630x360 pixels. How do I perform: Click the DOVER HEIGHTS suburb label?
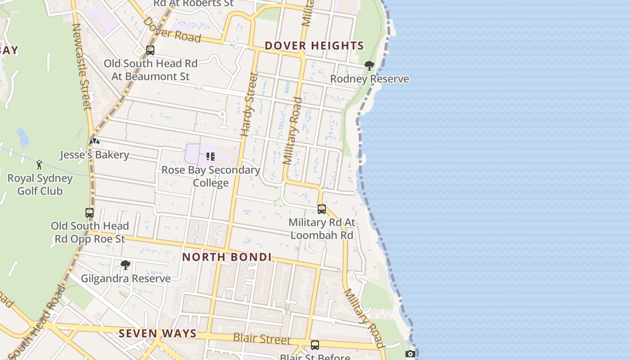(314, 45)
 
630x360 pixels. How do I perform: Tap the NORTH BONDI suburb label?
(227, 257)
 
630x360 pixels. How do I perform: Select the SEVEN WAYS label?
(158, 333)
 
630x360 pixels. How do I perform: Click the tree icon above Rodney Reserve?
(369, 66)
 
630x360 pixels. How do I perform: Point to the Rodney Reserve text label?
(369, 79)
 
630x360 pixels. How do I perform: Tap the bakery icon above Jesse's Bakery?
(94, 141)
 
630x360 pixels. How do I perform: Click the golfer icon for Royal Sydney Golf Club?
(39, 165)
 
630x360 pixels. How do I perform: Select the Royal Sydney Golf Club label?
(40, 184)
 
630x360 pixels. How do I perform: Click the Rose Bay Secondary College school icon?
(210, 157)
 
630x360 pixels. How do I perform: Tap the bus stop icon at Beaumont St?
(150, 50)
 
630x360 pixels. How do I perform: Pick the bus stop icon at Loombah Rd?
(321, 209)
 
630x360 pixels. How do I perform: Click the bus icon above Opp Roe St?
(90, 213)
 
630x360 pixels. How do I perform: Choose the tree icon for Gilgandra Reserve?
(126, 265)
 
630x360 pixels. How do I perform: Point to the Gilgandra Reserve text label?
(126, 279)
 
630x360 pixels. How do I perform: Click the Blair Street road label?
(262, 338)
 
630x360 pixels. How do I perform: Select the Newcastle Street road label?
(81, 67)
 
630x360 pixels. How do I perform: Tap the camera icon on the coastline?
(410, 354)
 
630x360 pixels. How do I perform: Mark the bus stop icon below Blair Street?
(315, 345)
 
